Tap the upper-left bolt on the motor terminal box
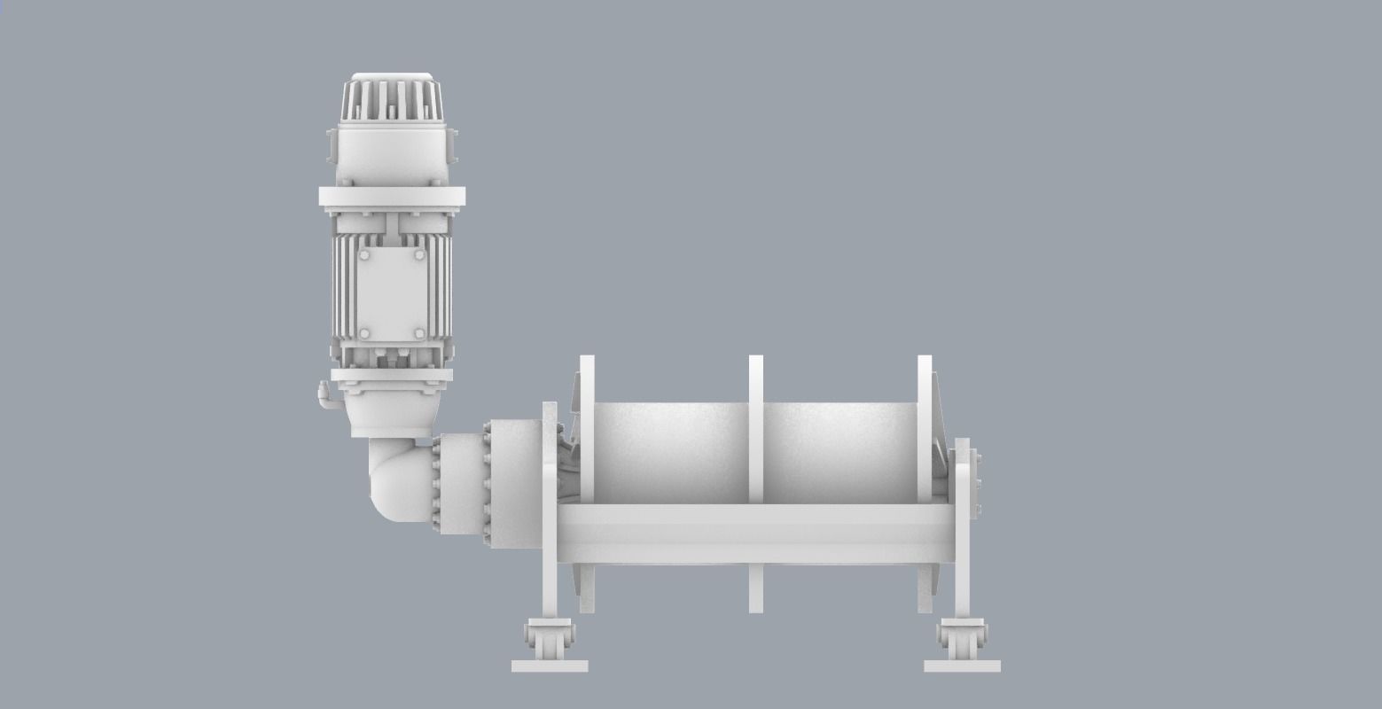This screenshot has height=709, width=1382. (x=363, y=256)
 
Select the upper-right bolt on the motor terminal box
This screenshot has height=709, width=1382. (x=418, y=256)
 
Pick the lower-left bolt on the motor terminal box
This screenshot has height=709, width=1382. (x=363, y=333)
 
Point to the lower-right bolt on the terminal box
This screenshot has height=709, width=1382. (x=418, y=333)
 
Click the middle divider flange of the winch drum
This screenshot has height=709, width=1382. (x=756, y=425)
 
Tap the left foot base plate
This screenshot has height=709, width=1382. (x=550, y=666)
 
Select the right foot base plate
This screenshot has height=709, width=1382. (x=962, y=666)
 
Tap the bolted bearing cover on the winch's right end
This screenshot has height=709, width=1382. (x=969, y=483)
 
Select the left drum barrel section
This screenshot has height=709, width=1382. (x=670, y=452)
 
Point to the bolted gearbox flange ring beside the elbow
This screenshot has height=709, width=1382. (x=487, y=483)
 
